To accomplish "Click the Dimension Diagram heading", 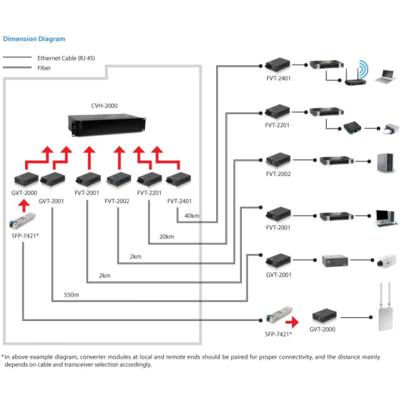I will pyautogui.click(x=34, y=39).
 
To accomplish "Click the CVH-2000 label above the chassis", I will pyautogui.click(x=104, y=107).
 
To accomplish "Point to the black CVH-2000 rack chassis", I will pyautogui.click(x=106, y=126).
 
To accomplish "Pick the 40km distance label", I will pyautogui.click(x=192, y=215).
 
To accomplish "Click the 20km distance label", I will pyautogui.click(x=166, y=237).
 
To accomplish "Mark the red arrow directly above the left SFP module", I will pyautogui.click(x=24, y=205).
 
